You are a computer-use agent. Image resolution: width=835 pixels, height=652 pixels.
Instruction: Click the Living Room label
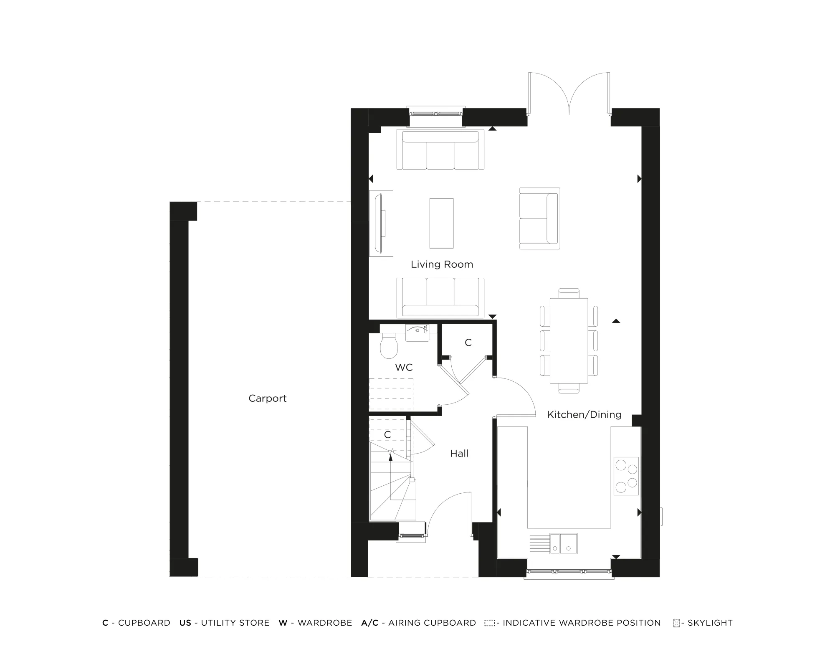tap(442, 264)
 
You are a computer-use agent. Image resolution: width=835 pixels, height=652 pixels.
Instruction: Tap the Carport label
tap(267, 398)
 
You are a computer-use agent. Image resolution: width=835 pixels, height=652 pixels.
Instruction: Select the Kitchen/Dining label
tap(584, 415)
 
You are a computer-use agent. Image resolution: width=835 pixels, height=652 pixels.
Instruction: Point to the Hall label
tap(459, 454)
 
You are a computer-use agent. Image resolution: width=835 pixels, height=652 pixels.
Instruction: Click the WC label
tap(404, 368)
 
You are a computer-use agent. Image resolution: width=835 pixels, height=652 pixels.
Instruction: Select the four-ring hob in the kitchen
tap(626, 476)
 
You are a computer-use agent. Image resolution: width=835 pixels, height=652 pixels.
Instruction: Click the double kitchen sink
tap(563, 543)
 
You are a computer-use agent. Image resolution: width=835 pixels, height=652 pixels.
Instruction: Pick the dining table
tap(569, 340)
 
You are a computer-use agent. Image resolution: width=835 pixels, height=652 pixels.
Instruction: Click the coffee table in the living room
tap(441, 223)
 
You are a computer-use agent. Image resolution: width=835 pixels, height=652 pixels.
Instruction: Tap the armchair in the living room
tap(539, 218)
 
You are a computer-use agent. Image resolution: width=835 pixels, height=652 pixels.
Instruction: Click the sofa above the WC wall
tap(440, 297)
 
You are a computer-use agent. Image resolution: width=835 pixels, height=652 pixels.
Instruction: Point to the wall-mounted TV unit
tap(381, 223)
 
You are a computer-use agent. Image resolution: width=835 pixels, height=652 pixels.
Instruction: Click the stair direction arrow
tap(391, 455)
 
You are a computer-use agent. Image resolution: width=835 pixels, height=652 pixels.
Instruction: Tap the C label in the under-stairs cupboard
tap(387, 435)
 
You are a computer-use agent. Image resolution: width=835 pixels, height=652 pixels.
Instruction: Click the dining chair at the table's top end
tap(569, 293)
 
